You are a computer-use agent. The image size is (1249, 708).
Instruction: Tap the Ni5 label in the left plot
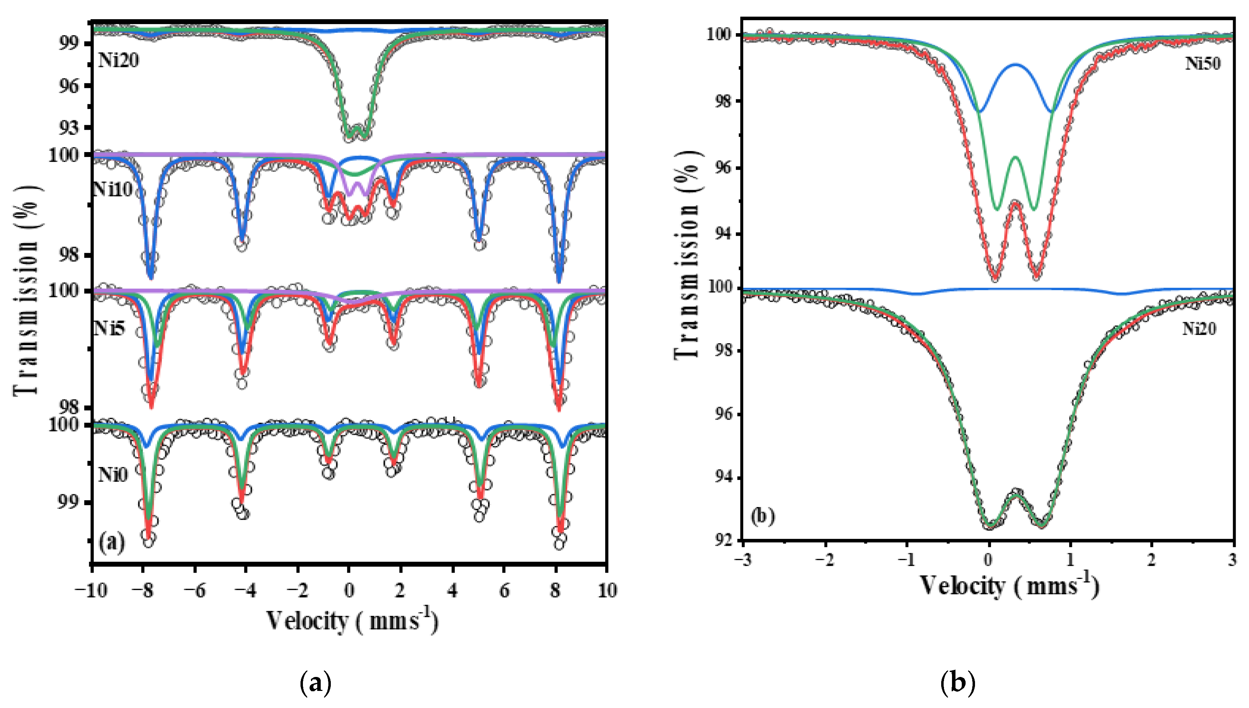coord(109,328)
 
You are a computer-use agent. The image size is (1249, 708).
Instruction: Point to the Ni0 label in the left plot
coord(113,474)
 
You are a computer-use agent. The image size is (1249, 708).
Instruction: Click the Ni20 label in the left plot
coord(119,60)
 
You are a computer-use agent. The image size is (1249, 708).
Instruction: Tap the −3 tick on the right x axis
coord(743,560)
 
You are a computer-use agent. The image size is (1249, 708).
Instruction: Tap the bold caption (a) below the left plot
coord(316,683)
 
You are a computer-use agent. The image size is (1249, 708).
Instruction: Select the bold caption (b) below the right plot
coord(958,683)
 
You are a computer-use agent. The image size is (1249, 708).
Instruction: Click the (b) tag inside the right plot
coord(762,516)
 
